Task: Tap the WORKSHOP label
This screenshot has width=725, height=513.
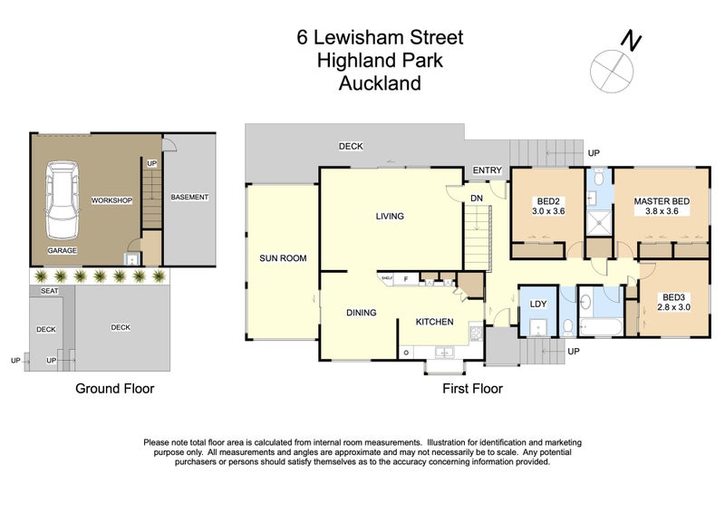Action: coord(112,200)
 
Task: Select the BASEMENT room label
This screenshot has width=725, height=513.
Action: coord(189,197)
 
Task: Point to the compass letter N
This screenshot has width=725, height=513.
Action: coord(631,41)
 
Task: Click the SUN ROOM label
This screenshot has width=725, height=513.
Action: coord(283,258)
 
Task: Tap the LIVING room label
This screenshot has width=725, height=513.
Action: coord(390,217)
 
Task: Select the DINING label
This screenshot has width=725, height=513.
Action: coord(361,314)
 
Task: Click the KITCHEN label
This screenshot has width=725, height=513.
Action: coord(434,322)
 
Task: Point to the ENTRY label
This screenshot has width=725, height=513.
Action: coord(488,170)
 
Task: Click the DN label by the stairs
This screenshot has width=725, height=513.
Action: coord(476,198)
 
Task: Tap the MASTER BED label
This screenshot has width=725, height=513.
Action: coord(657,200)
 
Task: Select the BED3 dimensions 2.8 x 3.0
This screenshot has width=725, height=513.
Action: coord(672,307)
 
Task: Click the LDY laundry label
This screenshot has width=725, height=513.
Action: coord(537,303)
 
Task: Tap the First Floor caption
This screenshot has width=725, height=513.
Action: coord(472,389)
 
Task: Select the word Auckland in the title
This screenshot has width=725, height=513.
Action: coord(380,84)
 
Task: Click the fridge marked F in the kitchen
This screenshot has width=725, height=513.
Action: coord(407,280)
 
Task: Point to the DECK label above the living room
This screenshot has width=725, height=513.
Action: coord(351,146)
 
